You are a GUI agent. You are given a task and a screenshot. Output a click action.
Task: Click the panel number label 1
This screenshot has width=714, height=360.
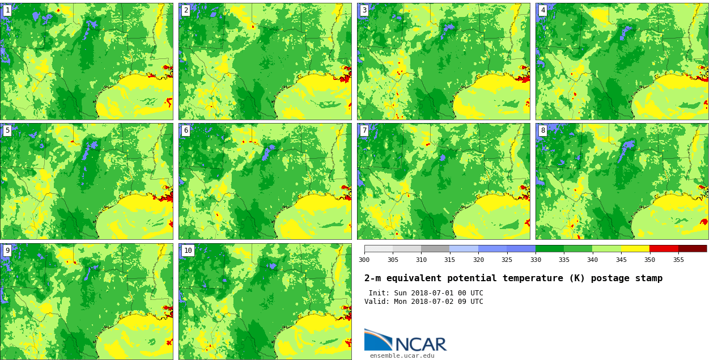7,10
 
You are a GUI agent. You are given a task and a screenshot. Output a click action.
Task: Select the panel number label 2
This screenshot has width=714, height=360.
185,10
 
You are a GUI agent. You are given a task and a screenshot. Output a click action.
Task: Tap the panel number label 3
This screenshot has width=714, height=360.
364,10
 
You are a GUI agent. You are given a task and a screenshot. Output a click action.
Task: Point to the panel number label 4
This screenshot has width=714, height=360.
542,10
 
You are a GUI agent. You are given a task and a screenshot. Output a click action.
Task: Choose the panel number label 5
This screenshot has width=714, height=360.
7,130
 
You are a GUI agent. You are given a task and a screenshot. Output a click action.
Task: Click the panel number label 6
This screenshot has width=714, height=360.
185,130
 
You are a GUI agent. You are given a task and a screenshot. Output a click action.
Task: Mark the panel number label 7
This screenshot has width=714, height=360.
364,130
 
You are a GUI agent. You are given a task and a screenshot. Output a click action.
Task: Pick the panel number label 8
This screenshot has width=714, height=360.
542,130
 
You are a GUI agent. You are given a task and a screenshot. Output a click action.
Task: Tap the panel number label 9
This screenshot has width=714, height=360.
7,251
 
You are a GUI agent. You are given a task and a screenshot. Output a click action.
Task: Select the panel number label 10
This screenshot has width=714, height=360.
188,251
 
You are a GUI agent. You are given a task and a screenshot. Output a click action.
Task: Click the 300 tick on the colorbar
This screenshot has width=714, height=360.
364,260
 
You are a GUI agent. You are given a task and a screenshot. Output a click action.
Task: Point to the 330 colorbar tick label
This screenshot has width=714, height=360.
535,260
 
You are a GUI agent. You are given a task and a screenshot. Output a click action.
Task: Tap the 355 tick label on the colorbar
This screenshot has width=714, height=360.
678,260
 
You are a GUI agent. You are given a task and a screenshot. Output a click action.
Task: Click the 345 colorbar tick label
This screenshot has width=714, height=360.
620,260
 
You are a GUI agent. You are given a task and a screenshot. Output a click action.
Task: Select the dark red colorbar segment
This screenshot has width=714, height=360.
692,248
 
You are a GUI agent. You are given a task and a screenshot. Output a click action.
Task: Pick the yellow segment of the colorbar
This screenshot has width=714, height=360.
635,248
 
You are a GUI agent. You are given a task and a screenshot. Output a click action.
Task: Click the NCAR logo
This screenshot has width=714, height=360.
405,340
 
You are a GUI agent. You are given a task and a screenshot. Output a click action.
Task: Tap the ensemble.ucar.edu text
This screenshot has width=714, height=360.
402,356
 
